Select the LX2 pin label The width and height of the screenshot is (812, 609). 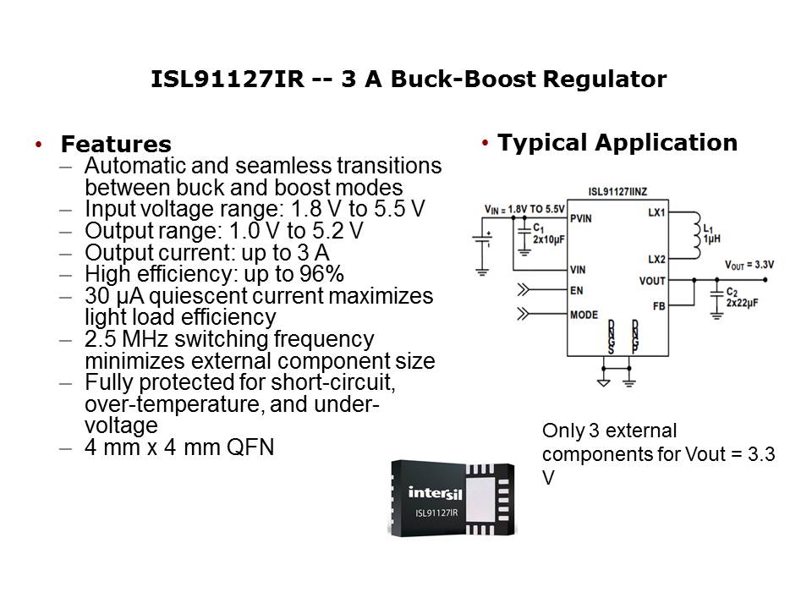[656, 259]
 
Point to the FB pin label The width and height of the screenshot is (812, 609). [660, 305]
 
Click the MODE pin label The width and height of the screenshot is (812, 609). [584, 315]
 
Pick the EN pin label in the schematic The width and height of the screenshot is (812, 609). [577, 289]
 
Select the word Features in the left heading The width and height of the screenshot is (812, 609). [116, 145]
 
